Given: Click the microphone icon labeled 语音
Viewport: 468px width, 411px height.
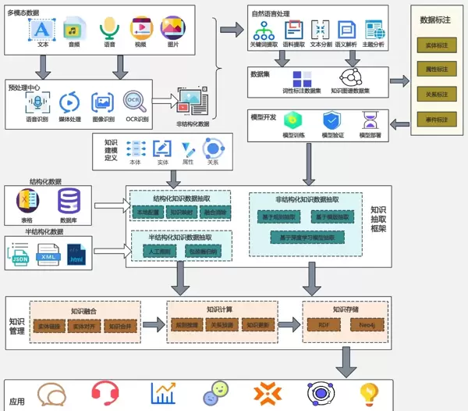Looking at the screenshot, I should (108, 30).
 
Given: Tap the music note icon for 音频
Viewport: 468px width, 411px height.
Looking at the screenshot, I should (74, 29).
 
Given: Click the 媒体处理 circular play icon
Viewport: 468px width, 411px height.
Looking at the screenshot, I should (69, 102).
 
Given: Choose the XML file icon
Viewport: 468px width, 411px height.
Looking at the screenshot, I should (48, 256).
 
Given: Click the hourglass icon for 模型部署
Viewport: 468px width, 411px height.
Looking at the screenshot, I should (370, 120).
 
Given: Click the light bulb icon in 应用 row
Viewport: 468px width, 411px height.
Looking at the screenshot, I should (367, 392).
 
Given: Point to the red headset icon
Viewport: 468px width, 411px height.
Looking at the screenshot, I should (104, 392).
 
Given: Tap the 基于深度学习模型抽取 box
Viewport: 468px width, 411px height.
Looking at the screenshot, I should (307, 236).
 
